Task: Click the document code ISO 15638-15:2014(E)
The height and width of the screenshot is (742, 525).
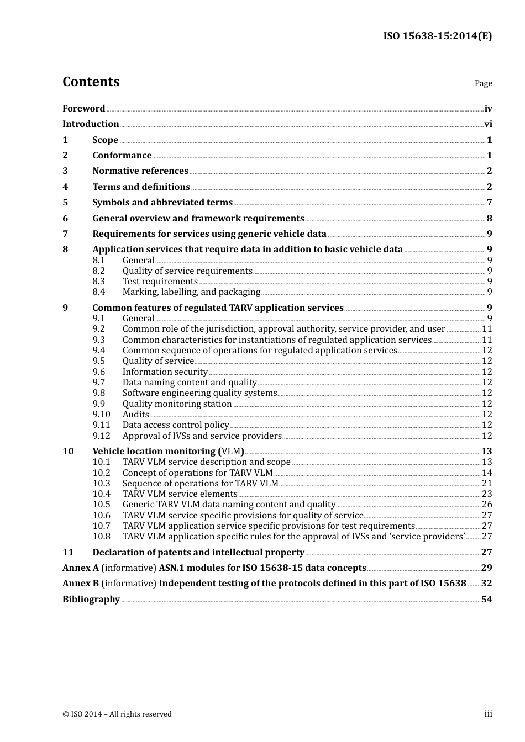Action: click(x=437, y=36)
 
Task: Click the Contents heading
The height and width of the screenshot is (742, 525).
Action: click(x=91, y=82)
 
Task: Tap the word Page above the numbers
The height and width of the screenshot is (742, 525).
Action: click(x=483, y=83)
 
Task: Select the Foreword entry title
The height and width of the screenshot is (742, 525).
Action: click(x=83, y=109)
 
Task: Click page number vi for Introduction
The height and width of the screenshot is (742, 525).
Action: click(x=488, y=124)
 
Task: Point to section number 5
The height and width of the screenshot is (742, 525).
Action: click(x=65, y=203)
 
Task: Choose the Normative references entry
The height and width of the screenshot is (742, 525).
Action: click(x=140, y=171)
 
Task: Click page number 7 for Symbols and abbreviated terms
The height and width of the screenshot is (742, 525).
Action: click(x=489, y=203)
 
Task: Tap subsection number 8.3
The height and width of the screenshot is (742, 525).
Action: click(x=98, y=282)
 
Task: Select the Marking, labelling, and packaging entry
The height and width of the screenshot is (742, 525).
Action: click(x=191, y=292)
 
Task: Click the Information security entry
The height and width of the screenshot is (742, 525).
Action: click(x=165, y=372)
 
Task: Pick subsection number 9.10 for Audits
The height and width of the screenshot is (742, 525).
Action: click(x=101, y=415)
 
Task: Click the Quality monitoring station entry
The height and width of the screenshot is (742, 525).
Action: click(x=177, y=404)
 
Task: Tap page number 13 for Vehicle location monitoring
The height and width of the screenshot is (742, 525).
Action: click(x=486, y=452)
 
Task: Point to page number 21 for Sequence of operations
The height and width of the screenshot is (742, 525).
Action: click(x=486, y=484)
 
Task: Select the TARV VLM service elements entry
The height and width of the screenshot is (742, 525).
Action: click(x=180, y=494)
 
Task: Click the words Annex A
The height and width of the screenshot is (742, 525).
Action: click(x=81, y=568)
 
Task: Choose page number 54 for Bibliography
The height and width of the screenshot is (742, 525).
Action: click(x=486, y=600)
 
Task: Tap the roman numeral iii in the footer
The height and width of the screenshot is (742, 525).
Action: click(x=488, y=714)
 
